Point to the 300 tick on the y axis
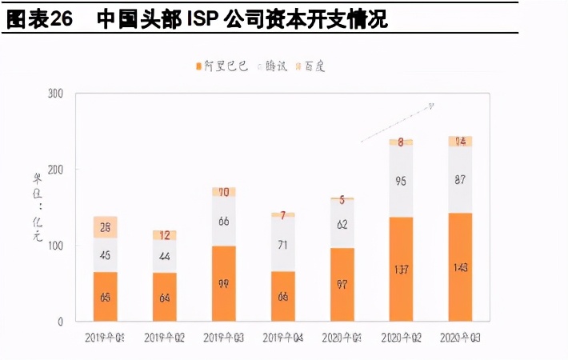(54, 94)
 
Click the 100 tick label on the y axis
(54, 246)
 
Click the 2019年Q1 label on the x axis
(105, 338)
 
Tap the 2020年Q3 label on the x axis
(460, 338)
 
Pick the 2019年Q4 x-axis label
(282, 338)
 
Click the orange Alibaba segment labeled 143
(460, 268)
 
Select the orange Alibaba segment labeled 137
(401, 270)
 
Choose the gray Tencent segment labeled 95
(401, 182)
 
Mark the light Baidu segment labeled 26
(105, 227)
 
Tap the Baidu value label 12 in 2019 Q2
(164, 235)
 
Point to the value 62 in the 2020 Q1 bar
(342, 224)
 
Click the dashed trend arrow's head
(431, 105)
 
